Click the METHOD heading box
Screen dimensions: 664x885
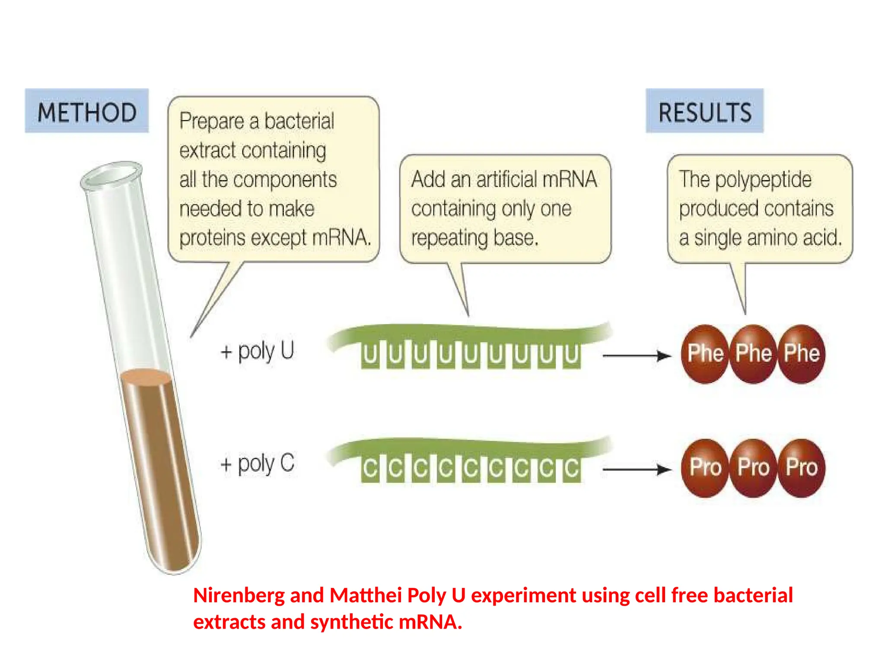86,111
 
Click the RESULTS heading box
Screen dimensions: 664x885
704,111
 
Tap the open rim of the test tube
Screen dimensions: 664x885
111,175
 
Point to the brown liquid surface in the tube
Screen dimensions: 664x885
146,376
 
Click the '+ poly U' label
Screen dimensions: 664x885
258,351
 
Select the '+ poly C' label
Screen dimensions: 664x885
258,464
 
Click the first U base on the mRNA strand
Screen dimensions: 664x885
370,355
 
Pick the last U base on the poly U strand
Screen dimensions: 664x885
572,355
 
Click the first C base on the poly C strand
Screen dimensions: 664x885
370,469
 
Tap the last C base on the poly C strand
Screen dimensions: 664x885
572,469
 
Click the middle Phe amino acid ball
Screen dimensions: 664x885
753,354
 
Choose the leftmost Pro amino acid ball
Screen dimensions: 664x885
705,468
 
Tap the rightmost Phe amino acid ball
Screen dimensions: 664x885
802,354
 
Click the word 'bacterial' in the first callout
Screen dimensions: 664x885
299,121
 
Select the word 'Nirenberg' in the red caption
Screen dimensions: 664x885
239,595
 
